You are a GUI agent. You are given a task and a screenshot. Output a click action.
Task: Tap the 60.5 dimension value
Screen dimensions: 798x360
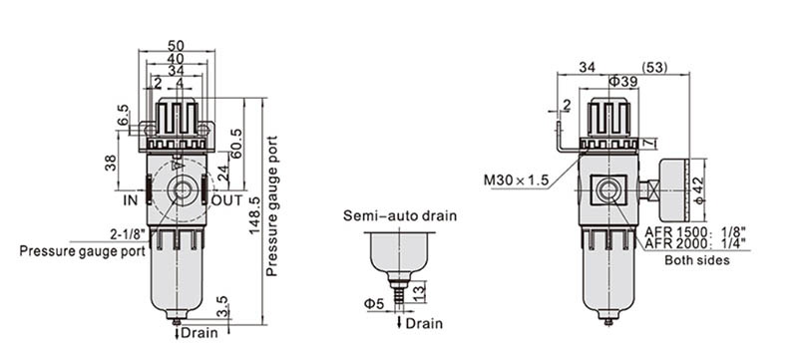(237, 144)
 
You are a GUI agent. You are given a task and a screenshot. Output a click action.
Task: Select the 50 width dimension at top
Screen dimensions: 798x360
(177, 45)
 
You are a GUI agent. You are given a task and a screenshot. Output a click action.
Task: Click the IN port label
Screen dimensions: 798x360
(131, 200)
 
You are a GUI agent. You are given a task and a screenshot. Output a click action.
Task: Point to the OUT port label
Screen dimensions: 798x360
(227, 200)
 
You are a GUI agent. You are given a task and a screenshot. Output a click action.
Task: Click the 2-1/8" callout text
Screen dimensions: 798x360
(129, 234)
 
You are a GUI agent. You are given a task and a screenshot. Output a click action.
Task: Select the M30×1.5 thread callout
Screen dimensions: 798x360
(516, 180)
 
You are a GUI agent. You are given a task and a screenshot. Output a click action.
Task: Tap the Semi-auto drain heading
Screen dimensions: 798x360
(400, 215)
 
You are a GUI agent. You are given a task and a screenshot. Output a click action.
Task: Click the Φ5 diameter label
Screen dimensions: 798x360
(373, 303)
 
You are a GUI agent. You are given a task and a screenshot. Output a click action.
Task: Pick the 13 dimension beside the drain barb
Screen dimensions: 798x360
(419, 292)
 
